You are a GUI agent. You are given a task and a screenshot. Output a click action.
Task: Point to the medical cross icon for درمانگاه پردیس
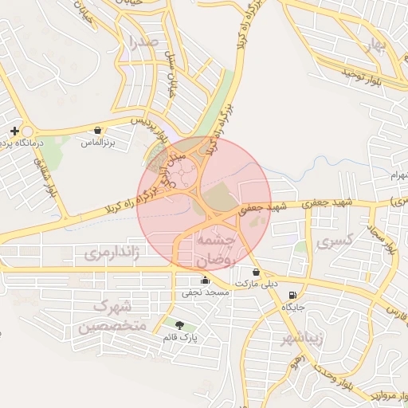[x=14, y=130]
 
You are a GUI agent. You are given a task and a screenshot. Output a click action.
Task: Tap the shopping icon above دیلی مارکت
[x=255, y=271]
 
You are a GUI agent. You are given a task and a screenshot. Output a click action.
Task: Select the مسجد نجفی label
[x=206, y=293]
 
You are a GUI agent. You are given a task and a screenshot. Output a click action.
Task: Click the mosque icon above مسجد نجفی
[x=206, y=280]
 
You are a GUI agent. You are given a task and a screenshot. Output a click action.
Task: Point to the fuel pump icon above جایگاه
[x=292, y=292]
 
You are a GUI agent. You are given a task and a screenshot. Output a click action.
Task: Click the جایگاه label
[x=292, y=306]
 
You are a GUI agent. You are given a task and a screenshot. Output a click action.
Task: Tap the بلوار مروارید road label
[x=375, y=395]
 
